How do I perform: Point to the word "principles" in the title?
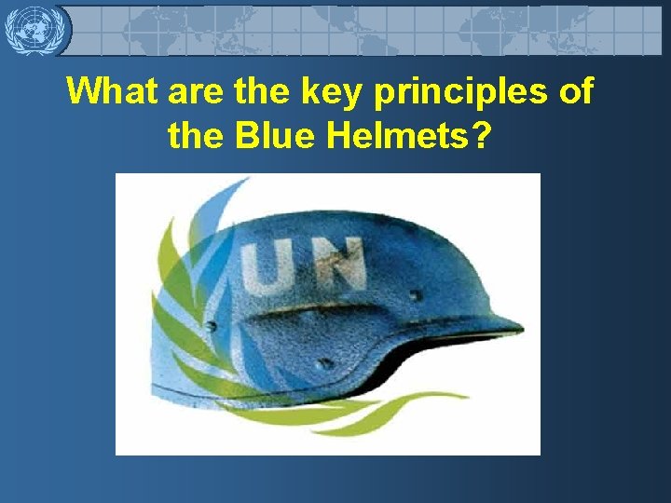(x=462, y=92)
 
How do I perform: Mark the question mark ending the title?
(x=480, y=136)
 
